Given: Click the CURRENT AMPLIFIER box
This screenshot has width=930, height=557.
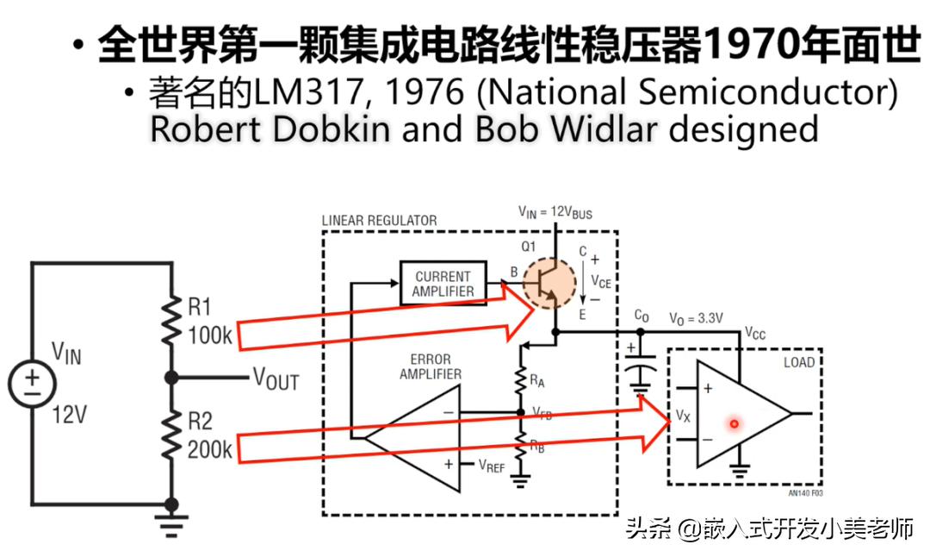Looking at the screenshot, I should pos(443,283).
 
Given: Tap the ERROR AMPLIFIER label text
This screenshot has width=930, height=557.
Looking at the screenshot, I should pos(430,366).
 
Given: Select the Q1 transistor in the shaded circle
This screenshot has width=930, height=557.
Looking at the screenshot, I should pos(550,285).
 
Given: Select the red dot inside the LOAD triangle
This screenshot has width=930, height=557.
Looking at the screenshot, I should pos(735,423).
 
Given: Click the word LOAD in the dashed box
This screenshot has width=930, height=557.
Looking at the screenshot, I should pos(798,362).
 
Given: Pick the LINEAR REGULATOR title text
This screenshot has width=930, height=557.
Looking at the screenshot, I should pos(379,221).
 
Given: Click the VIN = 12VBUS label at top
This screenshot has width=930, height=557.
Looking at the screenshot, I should pos(555,211).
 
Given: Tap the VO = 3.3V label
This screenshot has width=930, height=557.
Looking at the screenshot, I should pos(696,318).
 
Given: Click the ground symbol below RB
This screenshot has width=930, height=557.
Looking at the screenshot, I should pos(519,479).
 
